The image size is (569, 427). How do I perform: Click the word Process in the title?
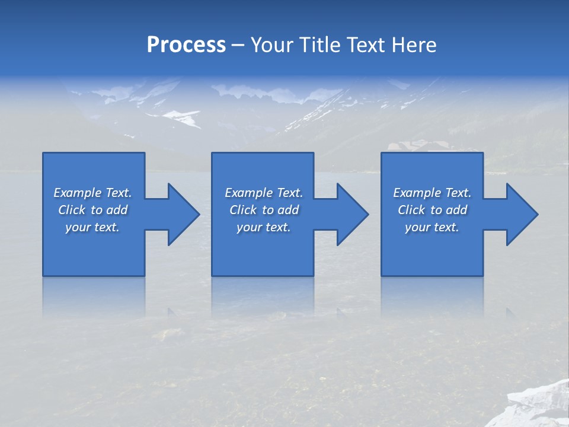186,45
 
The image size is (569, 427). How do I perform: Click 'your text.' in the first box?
92,227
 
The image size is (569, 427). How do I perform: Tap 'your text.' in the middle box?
264,227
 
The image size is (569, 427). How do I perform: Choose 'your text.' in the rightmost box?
432,227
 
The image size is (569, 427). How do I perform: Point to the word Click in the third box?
411,210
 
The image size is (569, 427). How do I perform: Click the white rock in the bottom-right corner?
539,403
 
